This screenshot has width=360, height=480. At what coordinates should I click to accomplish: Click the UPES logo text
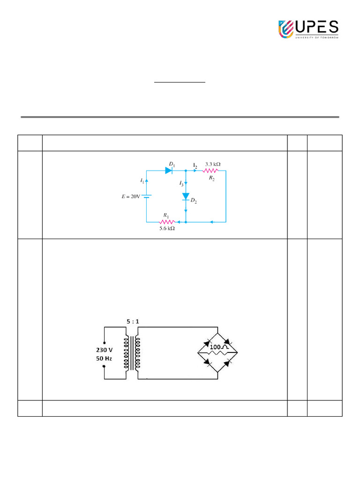click(316, 28)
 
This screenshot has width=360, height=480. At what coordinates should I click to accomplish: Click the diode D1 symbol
click(169, 171)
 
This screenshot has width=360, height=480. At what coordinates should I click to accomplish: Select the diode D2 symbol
click(186, 196)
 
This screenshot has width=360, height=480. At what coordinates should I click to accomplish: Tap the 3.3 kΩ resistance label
click(213, 164)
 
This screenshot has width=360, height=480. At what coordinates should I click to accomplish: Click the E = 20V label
click(131, 196)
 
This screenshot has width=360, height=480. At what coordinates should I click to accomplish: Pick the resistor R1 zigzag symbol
click(167, 222)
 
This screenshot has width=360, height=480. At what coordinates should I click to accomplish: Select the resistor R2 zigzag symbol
click(210, 171)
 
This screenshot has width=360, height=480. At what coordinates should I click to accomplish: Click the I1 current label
click(142, 180)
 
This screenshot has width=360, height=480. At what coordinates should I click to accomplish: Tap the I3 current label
click(181, 184)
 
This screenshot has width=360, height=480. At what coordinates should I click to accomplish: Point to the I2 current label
click(195, 165)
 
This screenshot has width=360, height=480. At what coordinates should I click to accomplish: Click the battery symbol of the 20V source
click(147, 196)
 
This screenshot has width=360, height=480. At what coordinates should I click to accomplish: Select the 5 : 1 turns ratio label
click(133, 322)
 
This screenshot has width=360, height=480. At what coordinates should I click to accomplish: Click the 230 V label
click(104, 350)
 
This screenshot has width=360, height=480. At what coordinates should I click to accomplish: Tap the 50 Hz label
click(104, 359)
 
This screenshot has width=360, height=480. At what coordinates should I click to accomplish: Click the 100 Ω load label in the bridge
click(218, 347)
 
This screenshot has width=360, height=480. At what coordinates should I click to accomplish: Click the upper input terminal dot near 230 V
click(104, 343)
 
